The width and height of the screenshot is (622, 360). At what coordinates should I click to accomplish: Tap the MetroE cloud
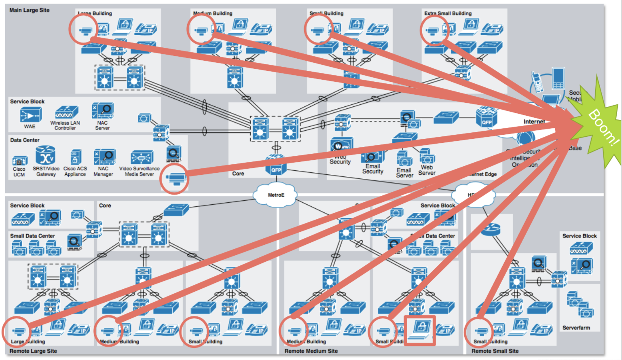point(275,195)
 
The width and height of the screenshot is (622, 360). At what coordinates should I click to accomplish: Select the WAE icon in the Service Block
point(30,115)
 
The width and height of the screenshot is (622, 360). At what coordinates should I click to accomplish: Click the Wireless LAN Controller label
point(65,125)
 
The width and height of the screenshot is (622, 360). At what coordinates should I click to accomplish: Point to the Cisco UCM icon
point(19,161)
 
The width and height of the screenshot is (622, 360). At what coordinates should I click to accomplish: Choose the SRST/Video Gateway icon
point(45,155)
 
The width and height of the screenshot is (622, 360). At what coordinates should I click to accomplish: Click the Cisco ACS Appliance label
point(75,172)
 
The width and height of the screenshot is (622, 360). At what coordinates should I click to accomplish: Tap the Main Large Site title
point(30,10)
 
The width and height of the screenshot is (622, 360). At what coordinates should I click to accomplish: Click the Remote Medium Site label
point(311,351)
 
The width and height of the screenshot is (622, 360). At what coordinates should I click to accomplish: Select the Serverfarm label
point(576,328)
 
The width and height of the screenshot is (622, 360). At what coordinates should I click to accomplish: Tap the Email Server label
point(404,173)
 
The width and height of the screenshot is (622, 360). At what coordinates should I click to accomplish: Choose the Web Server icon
point(427,156)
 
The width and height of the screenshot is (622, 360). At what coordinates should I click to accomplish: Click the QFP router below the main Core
point(276,167)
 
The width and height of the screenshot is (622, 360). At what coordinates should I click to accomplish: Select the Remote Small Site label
point(495,351)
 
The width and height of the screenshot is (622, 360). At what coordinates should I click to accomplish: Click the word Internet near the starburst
point(534,122)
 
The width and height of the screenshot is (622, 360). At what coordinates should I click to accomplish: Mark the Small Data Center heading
point(32,236)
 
